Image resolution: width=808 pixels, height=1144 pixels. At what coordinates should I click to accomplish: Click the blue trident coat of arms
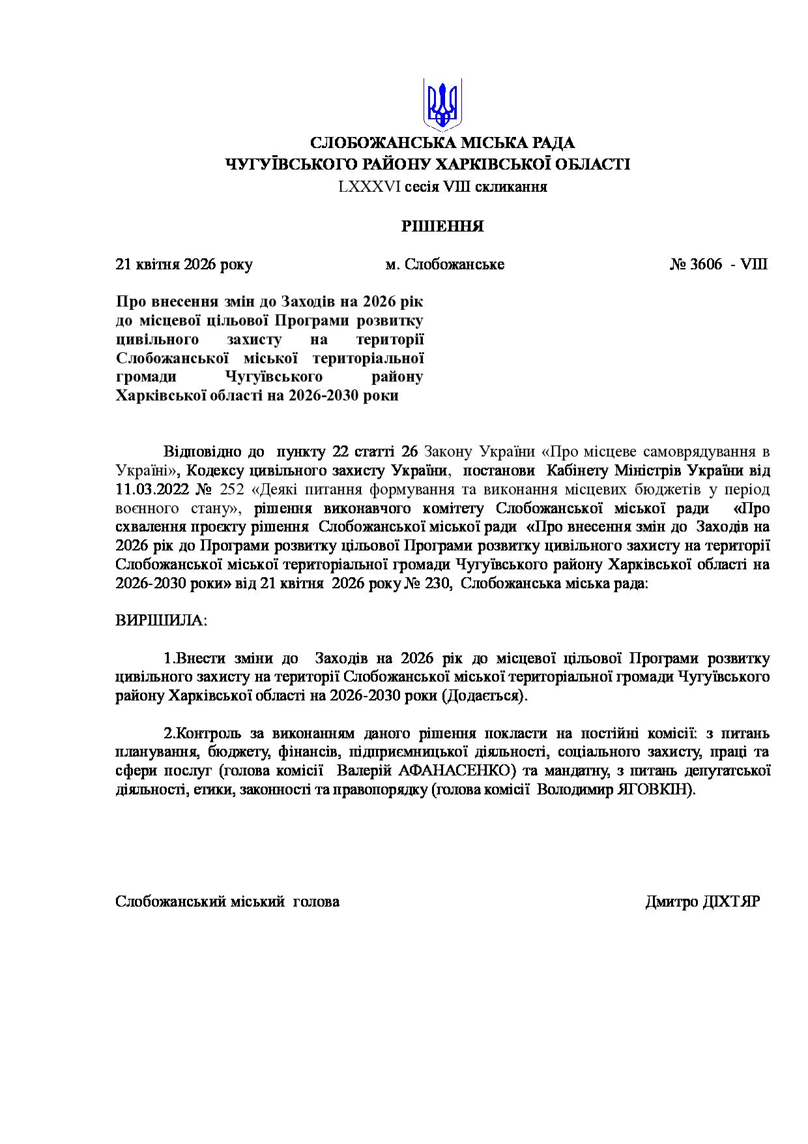[442, 103]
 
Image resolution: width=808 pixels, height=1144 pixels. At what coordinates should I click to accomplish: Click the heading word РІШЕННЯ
[442, 227]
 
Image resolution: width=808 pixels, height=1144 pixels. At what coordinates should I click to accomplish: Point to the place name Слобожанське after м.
[454, 265]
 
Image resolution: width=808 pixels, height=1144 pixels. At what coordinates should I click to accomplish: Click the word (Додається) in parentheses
[485, 695]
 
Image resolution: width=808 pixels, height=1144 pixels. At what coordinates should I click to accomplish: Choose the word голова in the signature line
[317, 902]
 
